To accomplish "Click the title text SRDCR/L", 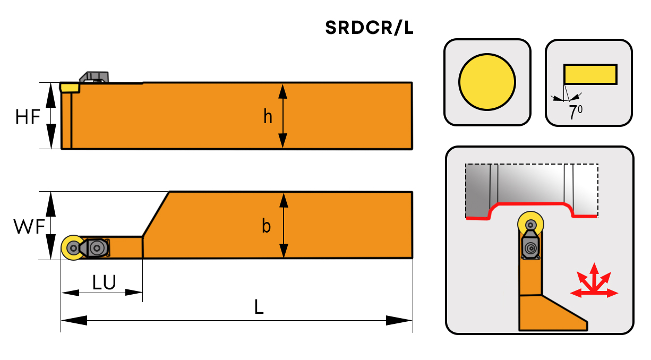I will pyautogui.click(x=370, y=29).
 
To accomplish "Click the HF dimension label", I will pyautogui.click(x=28, y=116).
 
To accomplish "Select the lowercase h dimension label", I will pyautogui.click(x=268, y=116).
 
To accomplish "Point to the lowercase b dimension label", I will pyautogui.click(x=267, y=226).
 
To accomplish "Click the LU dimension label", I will pyautogui.click(x=104, y=282).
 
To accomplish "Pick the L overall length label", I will pyautogui.click(x=259, y=307).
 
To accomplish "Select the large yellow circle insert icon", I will pyautogui.click(x=487, y=82).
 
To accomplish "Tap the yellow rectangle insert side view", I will pyautogui.click(x=590, y=74).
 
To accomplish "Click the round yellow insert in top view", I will pyautogui.click(x=72, y=247).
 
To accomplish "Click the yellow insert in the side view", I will pyautogui.click(x=69, y=87).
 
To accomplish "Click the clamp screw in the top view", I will pyautogui.click(x=97, y=247).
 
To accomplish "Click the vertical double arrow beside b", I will pyautogui.click(x=283, y=225).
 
